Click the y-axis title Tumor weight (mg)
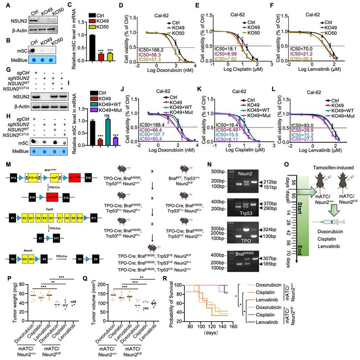click(5, 312)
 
